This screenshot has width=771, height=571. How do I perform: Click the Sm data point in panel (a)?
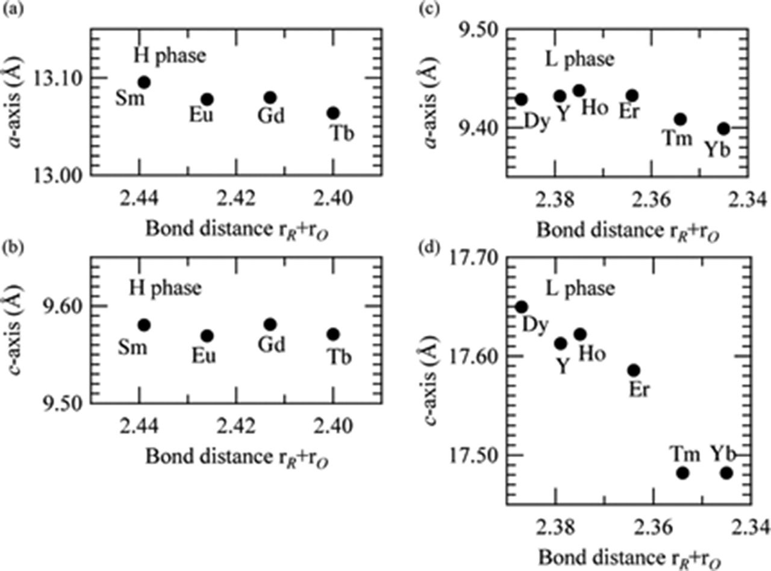144,82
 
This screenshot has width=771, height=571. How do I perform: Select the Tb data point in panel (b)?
334,335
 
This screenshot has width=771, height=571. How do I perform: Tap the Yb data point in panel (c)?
724,129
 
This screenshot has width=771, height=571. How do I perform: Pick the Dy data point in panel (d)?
522,307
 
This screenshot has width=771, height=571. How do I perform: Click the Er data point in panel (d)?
634,370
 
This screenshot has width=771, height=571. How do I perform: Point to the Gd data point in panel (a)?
270,97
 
